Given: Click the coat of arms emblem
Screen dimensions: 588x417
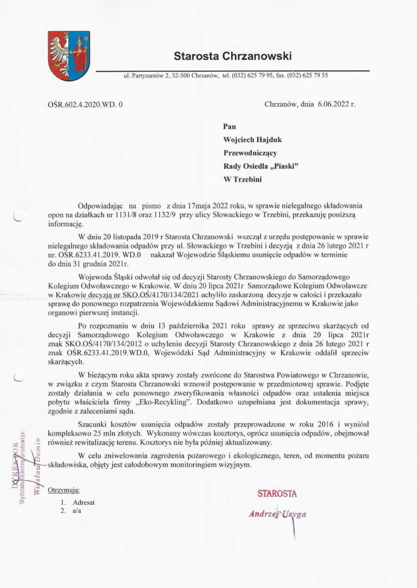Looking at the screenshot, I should pyautogui.click(x=69, y=56).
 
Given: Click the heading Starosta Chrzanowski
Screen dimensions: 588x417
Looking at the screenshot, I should pyautogui.click(x=232, y=56).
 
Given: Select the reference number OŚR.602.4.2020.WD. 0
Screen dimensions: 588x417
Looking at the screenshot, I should pyautogui.click(x=85, y=105).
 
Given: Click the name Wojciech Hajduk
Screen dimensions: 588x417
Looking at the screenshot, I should pyautogui.click(x=253, y=140).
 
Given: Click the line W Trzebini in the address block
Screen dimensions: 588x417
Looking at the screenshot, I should pyautogui.click(x=242, y=180).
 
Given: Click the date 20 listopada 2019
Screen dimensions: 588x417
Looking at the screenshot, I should pyautogui.click(x=126, y=236).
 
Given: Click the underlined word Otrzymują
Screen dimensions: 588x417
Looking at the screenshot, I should pyautogui.click(x=63, y=491).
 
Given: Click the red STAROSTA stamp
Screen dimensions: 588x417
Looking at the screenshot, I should pyautogui.click(x=277, y=493).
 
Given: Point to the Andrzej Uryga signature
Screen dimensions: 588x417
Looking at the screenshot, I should pyautogui.click(x=278, y=514).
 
